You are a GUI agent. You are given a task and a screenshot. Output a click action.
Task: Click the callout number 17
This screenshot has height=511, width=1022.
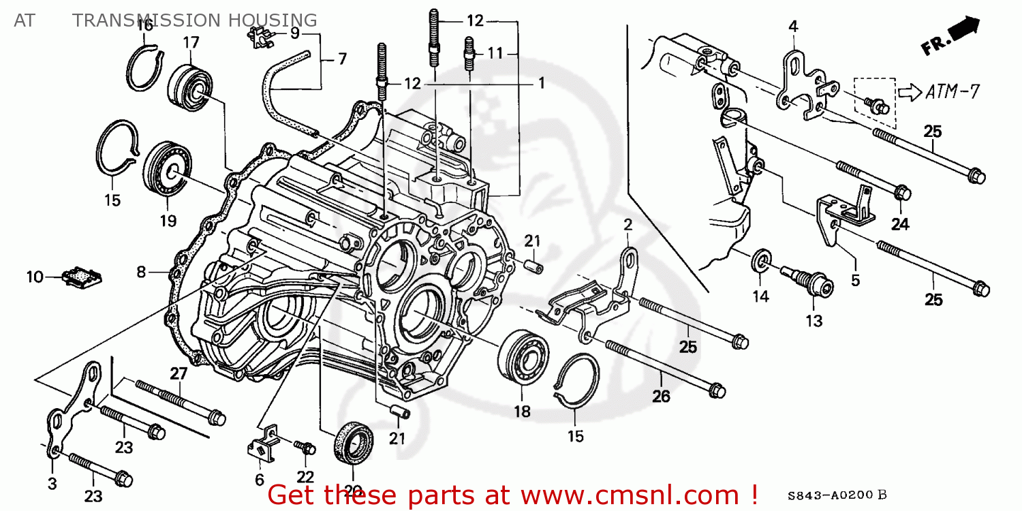coord(191,42)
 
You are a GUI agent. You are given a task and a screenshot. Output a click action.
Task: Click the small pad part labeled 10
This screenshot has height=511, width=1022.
coord(82,277)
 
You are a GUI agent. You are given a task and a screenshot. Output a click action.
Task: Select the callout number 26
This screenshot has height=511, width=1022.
coord(662,396)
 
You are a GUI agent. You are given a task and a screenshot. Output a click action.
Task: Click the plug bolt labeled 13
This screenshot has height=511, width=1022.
coord(808,281)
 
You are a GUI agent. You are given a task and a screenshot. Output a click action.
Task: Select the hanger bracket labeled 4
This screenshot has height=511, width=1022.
coord(799,82)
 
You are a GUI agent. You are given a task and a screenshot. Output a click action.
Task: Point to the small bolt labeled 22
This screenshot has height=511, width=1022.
coord(306,448)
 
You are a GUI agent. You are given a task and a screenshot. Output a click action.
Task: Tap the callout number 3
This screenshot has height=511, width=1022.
coord(52,484)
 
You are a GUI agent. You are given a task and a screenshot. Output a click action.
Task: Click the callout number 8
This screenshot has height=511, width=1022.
coord(141,272)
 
